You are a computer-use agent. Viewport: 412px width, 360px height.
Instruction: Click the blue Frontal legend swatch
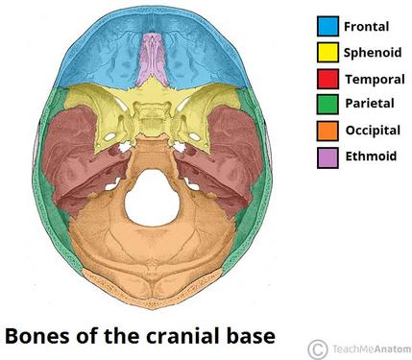[x=327, y=26]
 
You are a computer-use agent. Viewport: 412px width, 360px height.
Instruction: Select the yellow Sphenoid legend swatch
[x=327, y=52]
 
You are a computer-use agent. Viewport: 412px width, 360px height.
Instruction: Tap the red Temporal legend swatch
[x=327, y=79]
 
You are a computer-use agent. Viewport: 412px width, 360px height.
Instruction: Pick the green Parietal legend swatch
[x=327, y=105]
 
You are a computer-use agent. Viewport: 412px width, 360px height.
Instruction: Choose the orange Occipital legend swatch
[x=327, y=131]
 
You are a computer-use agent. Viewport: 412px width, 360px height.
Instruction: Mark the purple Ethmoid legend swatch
[x=327, y=157]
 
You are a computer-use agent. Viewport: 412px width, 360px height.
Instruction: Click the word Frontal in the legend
[x=366, y=26]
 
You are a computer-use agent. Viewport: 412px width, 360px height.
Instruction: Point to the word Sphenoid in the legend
[x=373, y=53]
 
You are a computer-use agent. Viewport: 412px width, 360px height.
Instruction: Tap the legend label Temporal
[x=375, y=79]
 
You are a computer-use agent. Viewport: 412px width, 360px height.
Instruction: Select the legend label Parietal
[x=370, y=104]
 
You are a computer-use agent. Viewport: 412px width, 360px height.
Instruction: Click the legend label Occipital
[x=373, y=131]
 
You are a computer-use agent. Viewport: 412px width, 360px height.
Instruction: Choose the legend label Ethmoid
[x=371, y=156]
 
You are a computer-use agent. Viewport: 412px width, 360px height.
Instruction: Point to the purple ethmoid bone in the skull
[x=153, y=60]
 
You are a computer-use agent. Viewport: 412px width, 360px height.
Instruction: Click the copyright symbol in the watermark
[x=318, y=349]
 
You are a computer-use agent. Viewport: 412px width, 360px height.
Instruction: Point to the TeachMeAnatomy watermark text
[x=372, y=349]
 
